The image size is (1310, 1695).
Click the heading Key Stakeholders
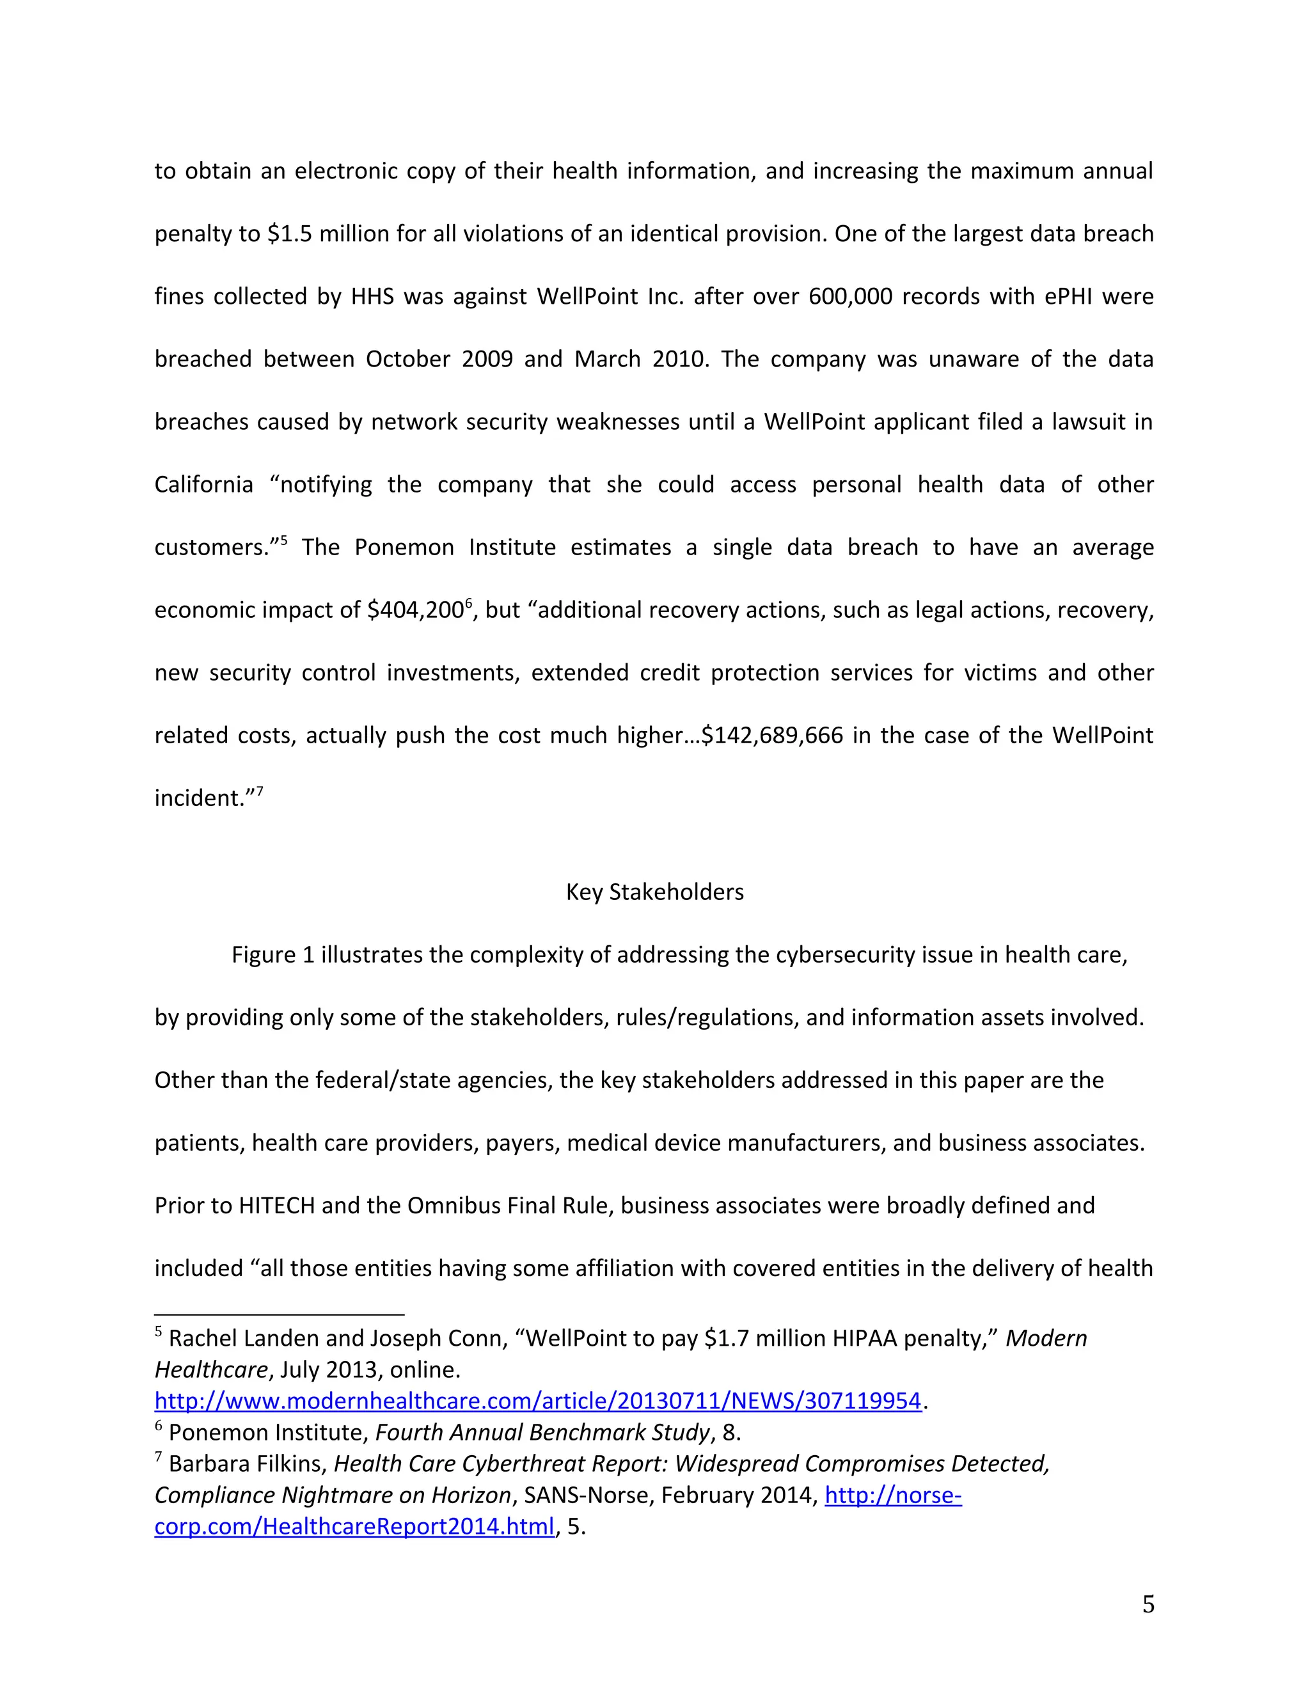click(x=654, y=892)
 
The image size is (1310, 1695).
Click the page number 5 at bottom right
click(x=1148, y=1604)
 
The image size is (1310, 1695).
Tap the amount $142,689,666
click(x=771, y=736)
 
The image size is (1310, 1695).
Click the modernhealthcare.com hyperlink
click(x=537, y=1401)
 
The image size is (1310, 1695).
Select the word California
click(x=203, y=485)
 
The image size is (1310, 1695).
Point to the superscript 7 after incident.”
click(x=260, y=791)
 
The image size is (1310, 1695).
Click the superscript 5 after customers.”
click(x=284, y=540)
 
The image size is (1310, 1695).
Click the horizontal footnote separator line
click(x=280, y=1314)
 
